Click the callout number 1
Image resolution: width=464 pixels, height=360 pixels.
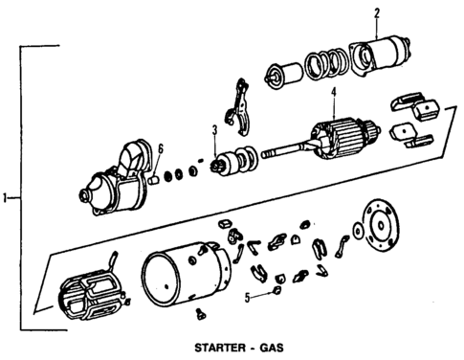pos(6,198)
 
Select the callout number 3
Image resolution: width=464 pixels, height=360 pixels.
pos(214,129)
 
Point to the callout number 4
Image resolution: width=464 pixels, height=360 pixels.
pos(334,93)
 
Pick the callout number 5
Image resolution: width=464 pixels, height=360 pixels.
pos(247,297)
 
